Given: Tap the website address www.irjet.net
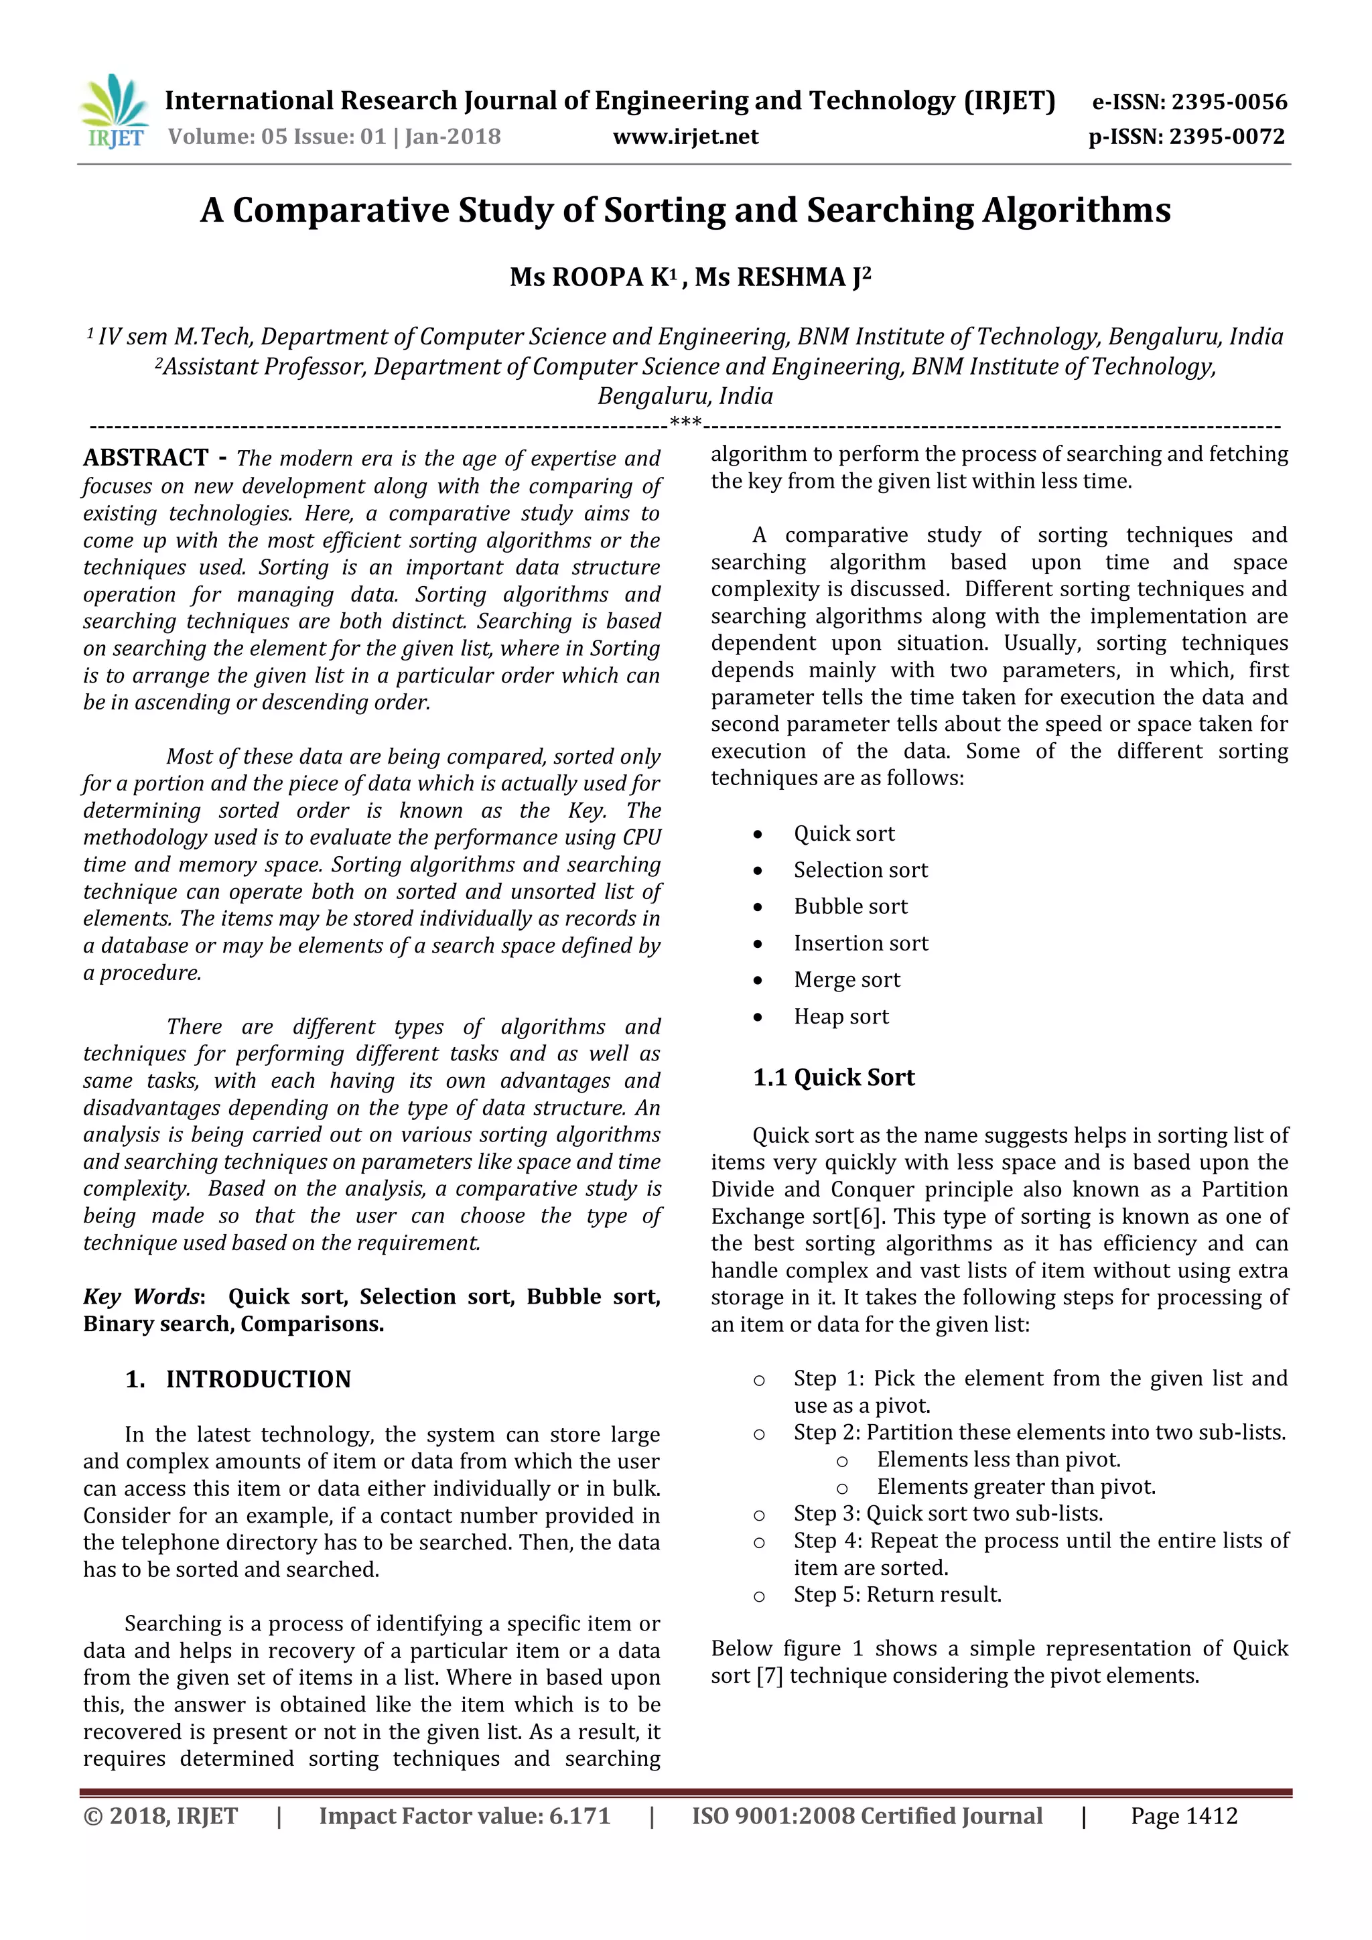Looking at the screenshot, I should (x=685, y=137).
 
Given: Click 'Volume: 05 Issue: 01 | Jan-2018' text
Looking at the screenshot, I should (x=334, y=137).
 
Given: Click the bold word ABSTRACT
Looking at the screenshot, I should (x=145, y=458).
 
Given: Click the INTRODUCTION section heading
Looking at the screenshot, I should (x=258, y=1379).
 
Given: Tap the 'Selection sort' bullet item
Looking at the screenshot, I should (x=860, y=870).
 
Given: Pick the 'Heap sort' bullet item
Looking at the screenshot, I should (x=841, y=1016).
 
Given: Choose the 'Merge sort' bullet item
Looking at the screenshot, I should (x=847, y=979).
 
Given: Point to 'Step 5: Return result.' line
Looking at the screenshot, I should (x=897, y=1594).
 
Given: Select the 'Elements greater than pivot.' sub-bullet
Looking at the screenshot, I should (x=1016, y=1486).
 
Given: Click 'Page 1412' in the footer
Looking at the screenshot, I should (x=1184, y=1816).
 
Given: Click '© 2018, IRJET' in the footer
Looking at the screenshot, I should (x=161, y=1816).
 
